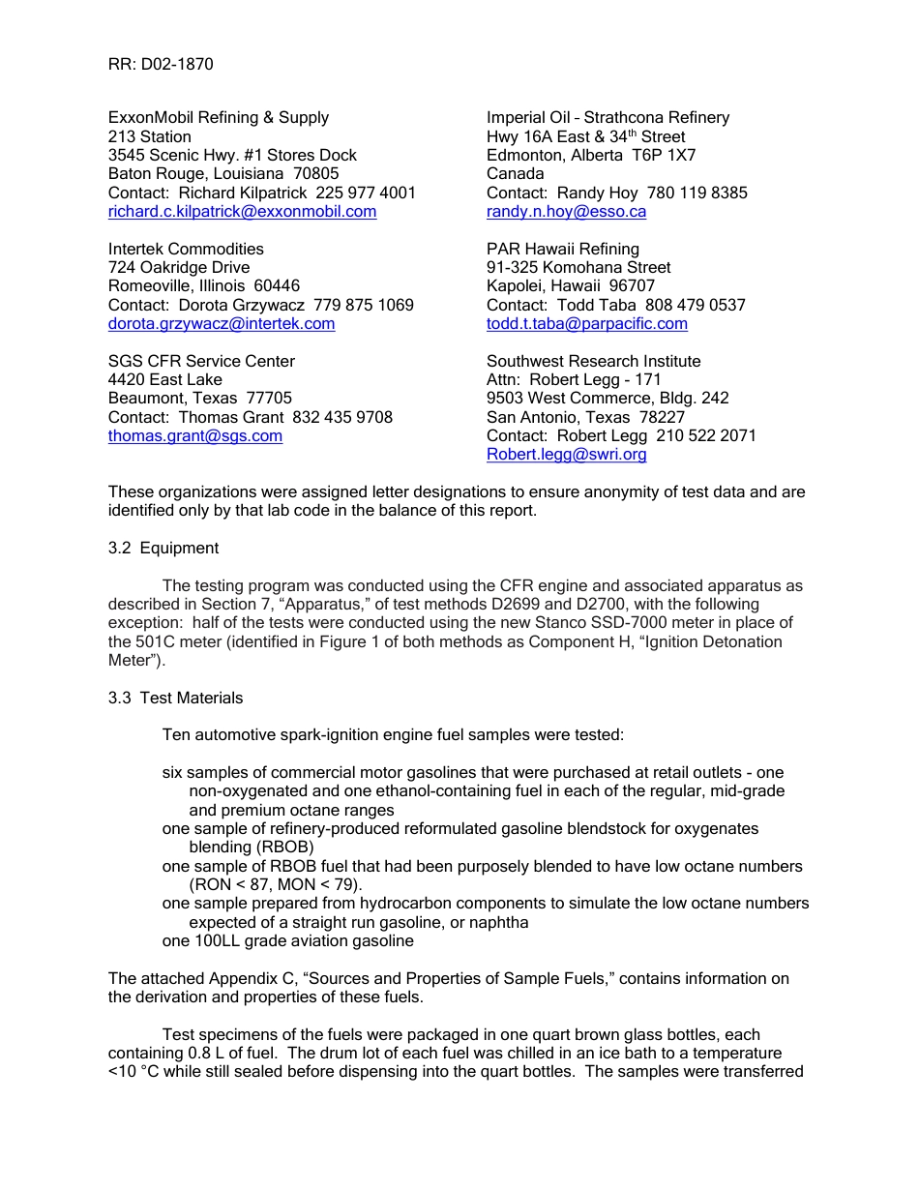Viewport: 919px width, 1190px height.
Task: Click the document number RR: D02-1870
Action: pos(161,65)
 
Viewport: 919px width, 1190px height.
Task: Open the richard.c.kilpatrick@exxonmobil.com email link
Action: pos(242,212)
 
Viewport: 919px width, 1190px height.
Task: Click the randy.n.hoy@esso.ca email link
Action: pos(566,212)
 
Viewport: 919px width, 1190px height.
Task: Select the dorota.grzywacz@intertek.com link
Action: pos(222,324)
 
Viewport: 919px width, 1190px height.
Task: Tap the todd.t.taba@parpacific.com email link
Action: pos(586,324)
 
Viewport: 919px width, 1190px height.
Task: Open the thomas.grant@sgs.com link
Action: pos(195,436)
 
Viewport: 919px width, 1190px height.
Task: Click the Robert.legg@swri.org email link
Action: pos(566,455)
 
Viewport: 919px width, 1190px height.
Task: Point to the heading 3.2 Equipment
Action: pos(163,549)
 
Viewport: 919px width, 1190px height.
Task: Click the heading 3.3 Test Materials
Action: pos(175,699)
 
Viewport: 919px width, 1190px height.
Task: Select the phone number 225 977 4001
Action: pos(366,193)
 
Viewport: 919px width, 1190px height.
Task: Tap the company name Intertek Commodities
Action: pos(186,250)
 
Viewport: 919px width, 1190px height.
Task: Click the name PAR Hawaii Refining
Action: pos(562,250)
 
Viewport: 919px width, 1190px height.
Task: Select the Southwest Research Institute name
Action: pos(593,362)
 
